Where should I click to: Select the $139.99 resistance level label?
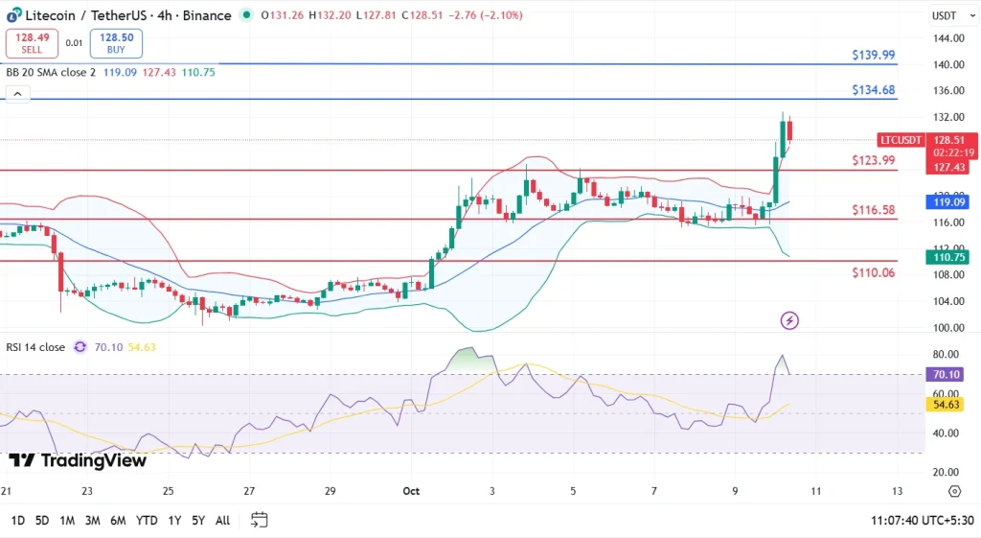coord(873,56)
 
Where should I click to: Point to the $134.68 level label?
coord(873,90)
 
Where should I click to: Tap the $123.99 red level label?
coord(873,160)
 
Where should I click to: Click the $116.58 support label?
coord(873,209)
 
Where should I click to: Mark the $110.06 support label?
coord(873,272)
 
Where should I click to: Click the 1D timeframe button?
coord(17,520)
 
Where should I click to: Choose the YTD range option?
coord(147,520)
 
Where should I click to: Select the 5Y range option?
coord(197,520)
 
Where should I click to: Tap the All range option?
coord(222,520)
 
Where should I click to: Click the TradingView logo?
coord(78,460)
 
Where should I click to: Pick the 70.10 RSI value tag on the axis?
coord(947,374)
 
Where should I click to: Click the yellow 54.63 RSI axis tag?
coord(947,405)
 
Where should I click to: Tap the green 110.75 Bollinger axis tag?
coord(947,257)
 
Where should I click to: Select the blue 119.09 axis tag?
coord(947,202)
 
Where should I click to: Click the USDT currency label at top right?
coord(944,15)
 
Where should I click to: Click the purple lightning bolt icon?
coord(790,320)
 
